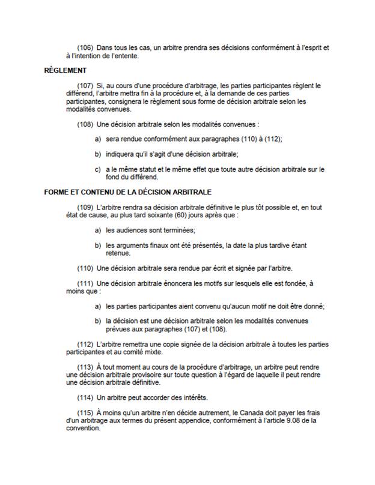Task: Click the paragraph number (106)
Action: click(85, 47)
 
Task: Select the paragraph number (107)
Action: click(85, 86)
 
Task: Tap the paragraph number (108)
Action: click(85, 124)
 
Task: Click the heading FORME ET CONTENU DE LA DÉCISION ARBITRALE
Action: click(127, 192)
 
